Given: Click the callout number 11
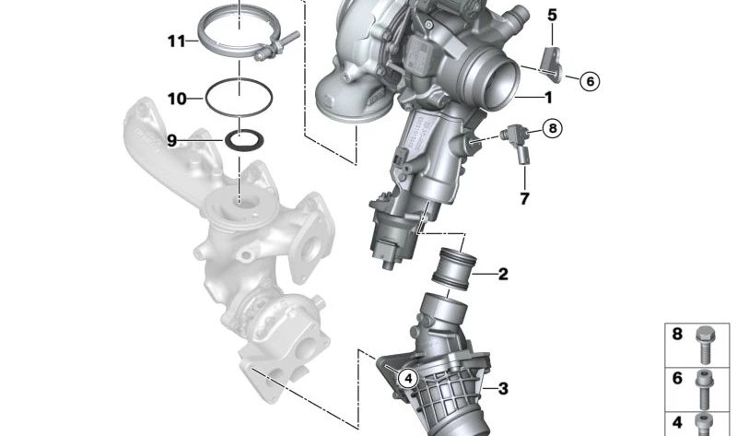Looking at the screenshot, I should coord(176,41).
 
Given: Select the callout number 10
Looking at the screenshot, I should coord(177,97).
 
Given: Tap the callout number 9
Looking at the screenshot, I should coord(171,140).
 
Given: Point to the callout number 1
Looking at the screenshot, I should coord(547,97).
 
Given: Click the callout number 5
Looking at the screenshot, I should coord(552,15).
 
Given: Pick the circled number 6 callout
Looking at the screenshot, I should coord(590,81).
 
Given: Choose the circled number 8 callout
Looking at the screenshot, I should coord(551,129).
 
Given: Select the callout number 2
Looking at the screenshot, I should coord(503,274).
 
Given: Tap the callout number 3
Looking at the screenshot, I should coord(503,389).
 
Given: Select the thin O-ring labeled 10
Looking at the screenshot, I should coord(238,96).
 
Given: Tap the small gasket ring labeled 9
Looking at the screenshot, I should coord(242,141).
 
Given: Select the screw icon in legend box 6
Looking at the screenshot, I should coord(706,381).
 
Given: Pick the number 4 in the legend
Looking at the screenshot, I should coord(677,422).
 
